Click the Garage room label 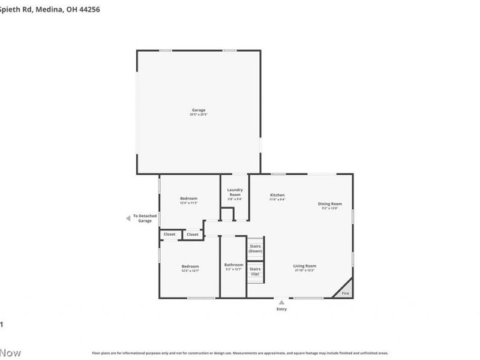199,110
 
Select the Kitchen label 277,195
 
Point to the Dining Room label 330,204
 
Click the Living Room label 305,266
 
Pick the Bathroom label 234,265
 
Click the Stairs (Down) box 255,248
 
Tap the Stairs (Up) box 255,271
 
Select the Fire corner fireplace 345,292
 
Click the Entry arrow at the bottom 281,302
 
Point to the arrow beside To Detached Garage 128,218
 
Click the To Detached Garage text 145,218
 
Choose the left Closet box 170,235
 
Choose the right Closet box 193,235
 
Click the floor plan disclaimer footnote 240,353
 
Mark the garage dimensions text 199,114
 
